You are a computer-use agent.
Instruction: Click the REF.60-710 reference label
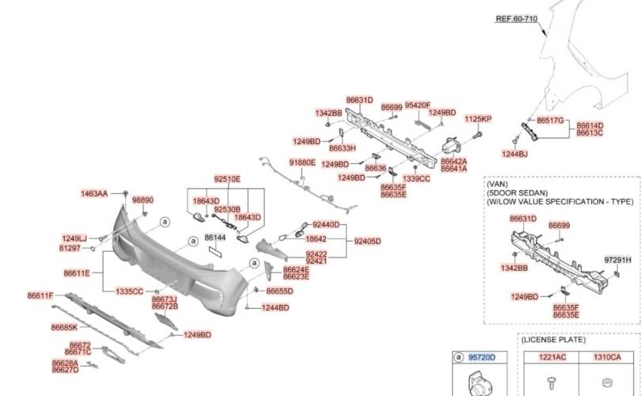516,17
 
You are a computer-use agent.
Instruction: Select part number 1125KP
478,119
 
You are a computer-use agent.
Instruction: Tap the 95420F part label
417,105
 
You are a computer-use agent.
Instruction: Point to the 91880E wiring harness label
302,162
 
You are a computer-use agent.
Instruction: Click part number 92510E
226,179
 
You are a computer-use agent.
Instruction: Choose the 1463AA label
94,193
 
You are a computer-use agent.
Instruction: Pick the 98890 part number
143,200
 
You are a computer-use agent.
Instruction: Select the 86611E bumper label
77,273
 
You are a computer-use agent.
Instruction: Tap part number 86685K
64,327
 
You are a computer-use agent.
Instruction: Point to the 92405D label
367,241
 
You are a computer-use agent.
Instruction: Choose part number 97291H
617,259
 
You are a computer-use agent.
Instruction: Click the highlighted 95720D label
481,358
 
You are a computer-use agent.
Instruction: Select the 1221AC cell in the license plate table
552,358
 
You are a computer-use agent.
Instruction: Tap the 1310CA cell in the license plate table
607,358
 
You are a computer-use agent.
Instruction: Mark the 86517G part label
550,120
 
